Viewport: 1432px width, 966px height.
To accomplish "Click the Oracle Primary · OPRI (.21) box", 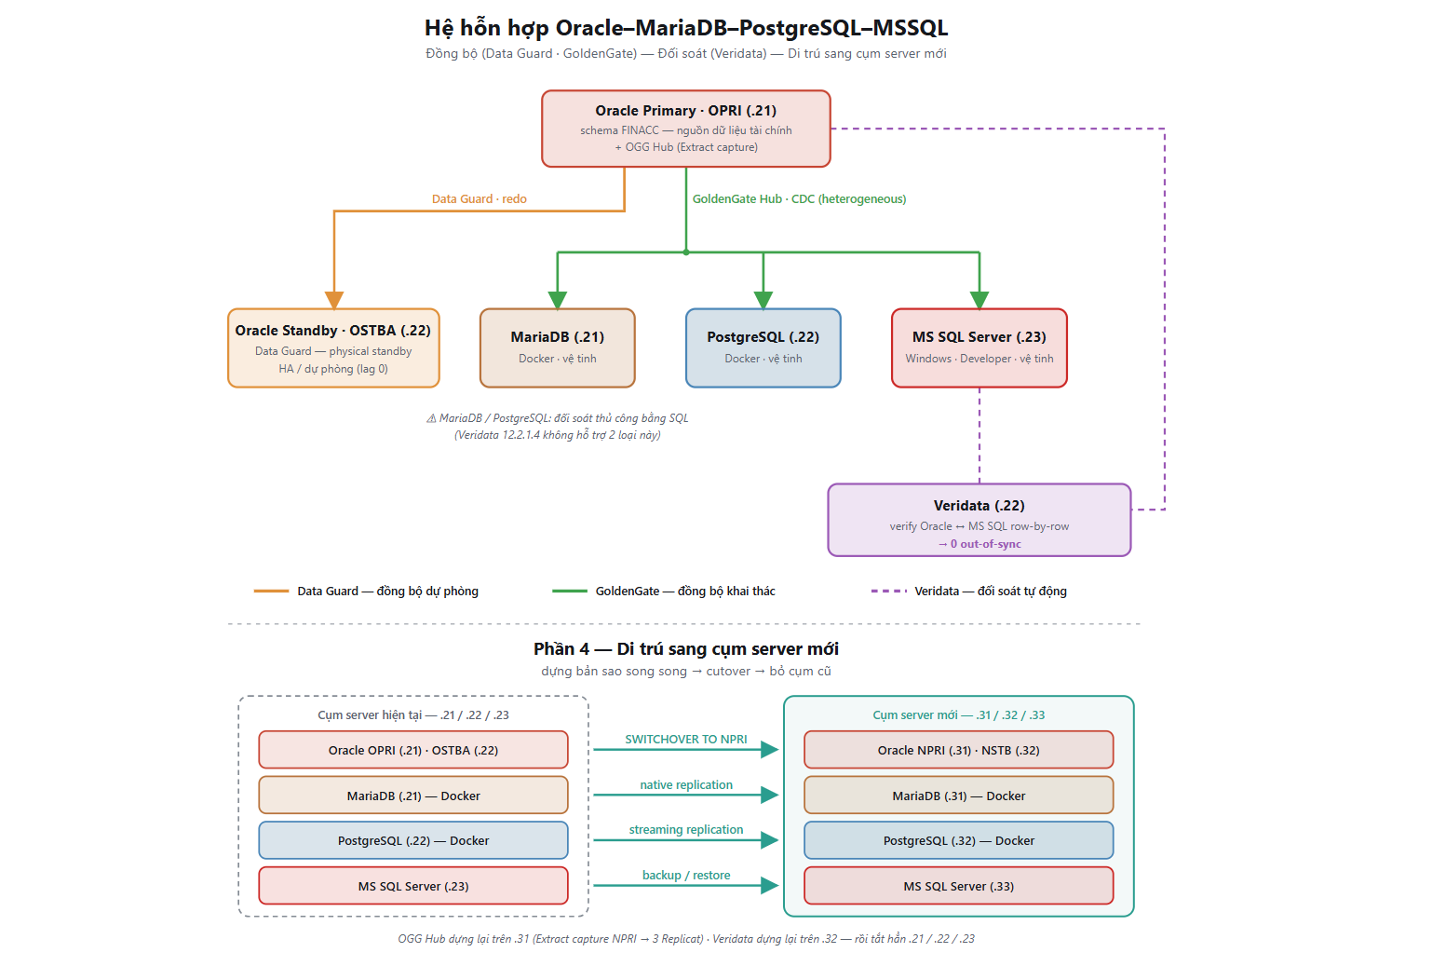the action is [x=685, y=129].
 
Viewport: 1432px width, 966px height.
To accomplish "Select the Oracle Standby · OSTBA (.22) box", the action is [x=333, y=348].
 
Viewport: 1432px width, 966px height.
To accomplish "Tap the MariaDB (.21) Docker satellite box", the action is [x=558, y=348].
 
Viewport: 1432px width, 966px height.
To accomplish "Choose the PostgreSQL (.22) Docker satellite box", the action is [x=763, y=348].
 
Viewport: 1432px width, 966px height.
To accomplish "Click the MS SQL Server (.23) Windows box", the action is [x=979, y=348].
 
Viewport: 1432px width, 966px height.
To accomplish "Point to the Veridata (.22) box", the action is [x=979, y=520].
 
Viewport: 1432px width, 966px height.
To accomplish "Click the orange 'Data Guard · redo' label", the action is [x=480, y=199].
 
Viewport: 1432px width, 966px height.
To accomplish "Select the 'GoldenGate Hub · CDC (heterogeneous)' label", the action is [x=799, y=199].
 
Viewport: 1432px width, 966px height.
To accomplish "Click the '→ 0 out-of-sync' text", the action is [x=979, y=544].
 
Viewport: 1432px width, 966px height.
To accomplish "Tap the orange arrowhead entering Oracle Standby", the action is [x=334, y=300].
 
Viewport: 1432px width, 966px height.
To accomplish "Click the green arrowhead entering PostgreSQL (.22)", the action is [x=763, y=300].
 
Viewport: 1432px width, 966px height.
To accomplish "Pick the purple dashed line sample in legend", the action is [x=888, y=592].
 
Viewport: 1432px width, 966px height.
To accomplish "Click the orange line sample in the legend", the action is [x=271, y=592].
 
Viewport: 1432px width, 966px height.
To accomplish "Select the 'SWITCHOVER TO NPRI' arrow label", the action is [x=686, y=740].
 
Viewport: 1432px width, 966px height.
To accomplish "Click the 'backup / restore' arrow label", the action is [x=686, y=875].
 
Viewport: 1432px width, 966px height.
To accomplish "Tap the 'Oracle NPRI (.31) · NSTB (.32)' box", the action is [x=958, y=750].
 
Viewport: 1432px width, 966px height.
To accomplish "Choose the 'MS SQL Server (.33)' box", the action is [x=958, y=886].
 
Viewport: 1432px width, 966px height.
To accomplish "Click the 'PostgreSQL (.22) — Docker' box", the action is [x=413, y=840].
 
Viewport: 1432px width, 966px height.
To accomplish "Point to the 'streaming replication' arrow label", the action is [x=686, y=830].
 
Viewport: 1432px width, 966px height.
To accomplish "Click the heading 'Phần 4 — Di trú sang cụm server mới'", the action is [x=686, y=649].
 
